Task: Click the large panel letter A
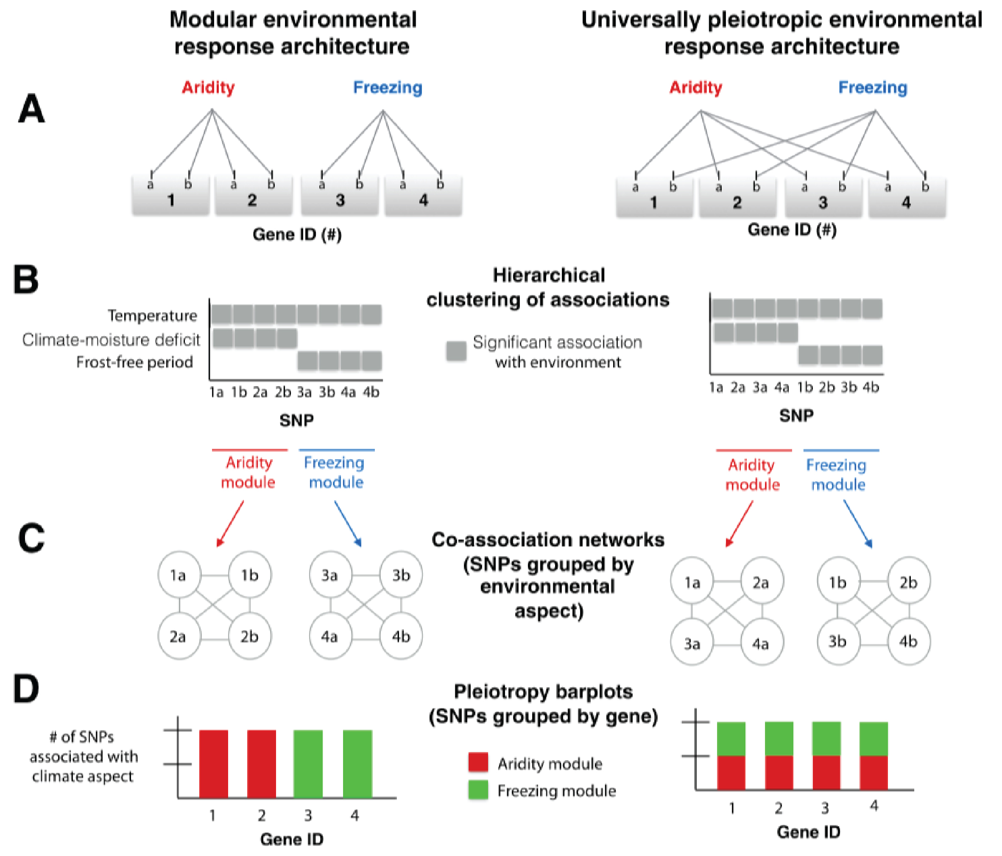[31, 109]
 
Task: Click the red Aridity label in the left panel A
[208, 87]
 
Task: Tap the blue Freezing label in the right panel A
[872, 87]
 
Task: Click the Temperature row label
[152, 315]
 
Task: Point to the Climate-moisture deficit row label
[111, 340]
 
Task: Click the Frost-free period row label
[134, 362]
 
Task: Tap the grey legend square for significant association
[456, 351]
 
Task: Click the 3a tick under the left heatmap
[304, 392]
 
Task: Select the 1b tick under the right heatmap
[805, 388]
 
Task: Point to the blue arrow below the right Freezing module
[857, 524]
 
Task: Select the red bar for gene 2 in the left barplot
[261, 764]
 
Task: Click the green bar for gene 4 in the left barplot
[357, 764]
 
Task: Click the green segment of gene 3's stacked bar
[826, 738]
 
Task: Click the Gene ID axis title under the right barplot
[808, 832]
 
